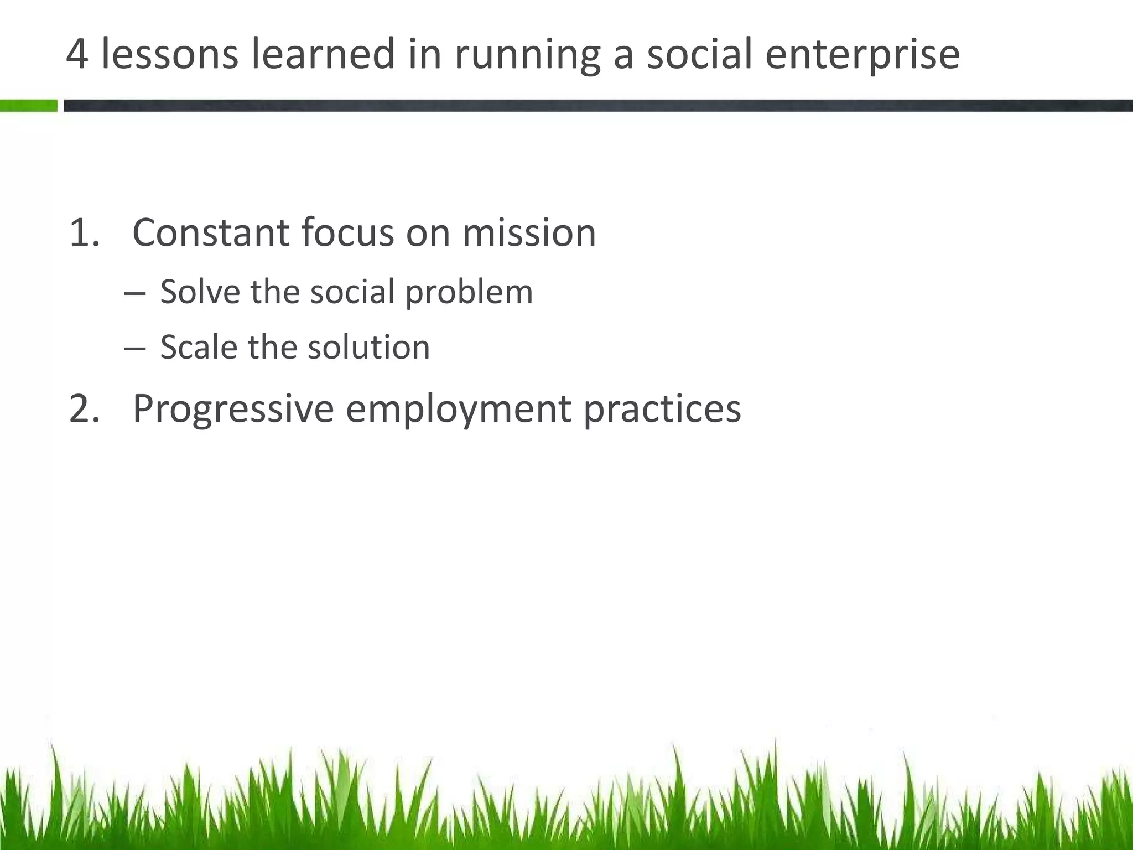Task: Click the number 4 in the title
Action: (x=77, y=54)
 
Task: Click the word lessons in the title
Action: (x=170, y=54)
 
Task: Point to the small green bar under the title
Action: (x=28, y=106)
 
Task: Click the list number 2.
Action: (x=84, y=408)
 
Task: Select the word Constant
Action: (x=211, y=232)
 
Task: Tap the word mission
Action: (x=529, y=232)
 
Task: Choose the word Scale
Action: (x=199, y=348)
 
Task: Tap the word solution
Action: (x=368, y=348)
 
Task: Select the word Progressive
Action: (x=233, y=410)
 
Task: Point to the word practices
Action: (x=662, y=410)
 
